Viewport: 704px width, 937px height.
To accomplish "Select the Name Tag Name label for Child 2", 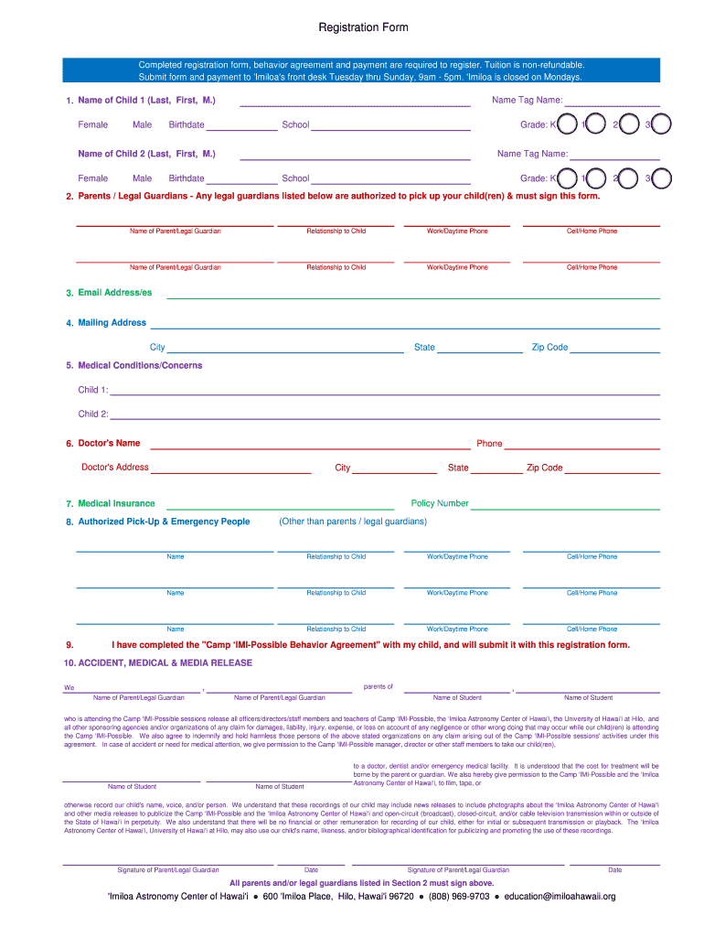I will pyautogui.click(x=532, y=154).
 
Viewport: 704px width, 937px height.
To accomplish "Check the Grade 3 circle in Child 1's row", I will pyautogui.click(x=662, y=124).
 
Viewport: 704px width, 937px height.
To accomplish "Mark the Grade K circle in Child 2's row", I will pyautogui.click(x=567, y=178).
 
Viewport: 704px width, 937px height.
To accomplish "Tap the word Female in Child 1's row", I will pyautogui.click(x=92, y=124).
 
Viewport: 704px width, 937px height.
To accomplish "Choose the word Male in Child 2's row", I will pyautogui.click(x=142, y=178).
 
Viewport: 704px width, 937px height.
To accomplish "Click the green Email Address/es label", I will pyautogui.click(x=114, y=293).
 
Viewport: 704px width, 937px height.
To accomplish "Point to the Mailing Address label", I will pyautogui.click(x=112, y=323).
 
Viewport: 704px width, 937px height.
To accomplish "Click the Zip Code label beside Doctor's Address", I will pyautogui.click(x=544, y=468).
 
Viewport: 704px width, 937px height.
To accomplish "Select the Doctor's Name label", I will pyautogui.click(x=109, y=443).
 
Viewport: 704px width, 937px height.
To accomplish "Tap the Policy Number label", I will pyautogui.click(x=440, y=503).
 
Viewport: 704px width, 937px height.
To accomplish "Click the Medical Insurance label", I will pyautogui.click(x=116, y=503).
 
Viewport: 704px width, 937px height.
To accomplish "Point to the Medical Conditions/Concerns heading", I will pyautogui.click(x=140, y=365).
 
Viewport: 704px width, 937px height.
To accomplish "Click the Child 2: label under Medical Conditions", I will pyautogui.click(x=93, y=414).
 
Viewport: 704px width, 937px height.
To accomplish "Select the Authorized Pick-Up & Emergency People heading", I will pyautogui.click(x=164, y=522).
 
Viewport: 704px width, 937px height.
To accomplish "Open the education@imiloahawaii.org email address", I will pyautogui.click(x=560, y=897).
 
